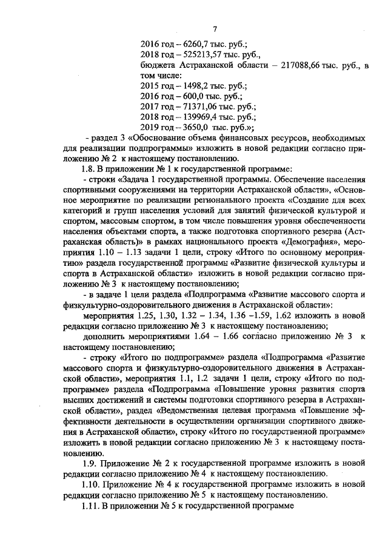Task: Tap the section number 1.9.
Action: [88, 463]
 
